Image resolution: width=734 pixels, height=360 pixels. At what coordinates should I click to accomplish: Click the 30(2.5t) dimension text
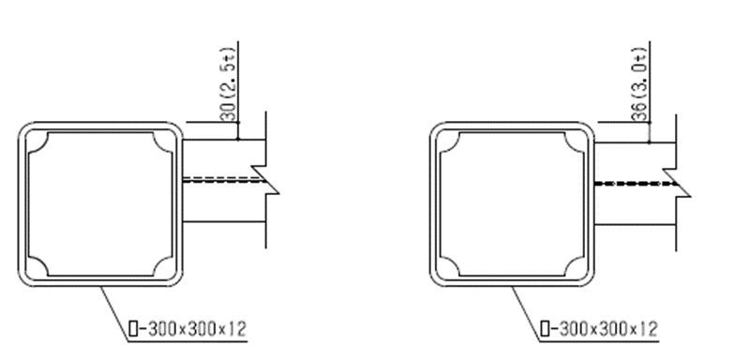tap(228, 83)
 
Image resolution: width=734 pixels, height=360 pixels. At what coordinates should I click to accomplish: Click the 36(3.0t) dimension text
tap(640, 83)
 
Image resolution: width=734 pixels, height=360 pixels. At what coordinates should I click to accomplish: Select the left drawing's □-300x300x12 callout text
tap(187, 329)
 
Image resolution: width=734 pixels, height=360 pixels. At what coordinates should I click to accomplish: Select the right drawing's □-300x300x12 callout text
tap(599, 329)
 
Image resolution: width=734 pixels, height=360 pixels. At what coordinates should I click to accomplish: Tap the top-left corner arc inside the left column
tap(41, 144)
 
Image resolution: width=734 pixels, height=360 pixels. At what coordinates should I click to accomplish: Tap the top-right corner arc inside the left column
tap(160, 144)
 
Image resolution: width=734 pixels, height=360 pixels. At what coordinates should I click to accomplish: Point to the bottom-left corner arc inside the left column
tap(41, 263)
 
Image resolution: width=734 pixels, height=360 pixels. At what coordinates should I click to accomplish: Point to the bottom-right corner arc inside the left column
tap(160, 263)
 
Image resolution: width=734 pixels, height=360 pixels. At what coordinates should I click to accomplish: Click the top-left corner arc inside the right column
tap(453, 144)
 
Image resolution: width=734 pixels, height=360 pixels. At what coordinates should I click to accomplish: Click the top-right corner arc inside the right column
tap(572, 144)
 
